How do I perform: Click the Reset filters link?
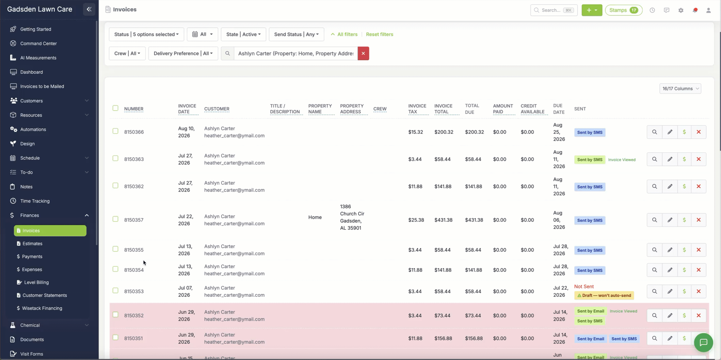(x=379, y=34)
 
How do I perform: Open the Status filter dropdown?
(x=146, y=34)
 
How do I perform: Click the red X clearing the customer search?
(x=363, y=53)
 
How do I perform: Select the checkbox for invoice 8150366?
(x=115, y=131)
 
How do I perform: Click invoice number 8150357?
(x=134, y=220)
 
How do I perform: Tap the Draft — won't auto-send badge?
(x=604, y=295)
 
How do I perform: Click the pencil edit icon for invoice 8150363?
(x=670, y=159)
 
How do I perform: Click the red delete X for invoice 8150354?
(x=699, y=270)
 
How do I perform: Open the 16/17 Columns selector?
(x=680, y=89)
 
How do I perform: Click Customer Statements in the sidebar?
(x=45, y=295)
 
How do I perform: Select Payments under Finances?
(x=32, y=257)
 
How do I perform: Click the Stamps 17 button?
(x=623, y=10)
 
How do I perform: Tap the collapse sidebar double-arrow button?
(x=89, y=10)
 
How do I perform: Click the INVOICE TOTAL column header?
(x=443, y=109)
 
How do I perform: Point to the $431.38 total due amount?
(x=474, y=220)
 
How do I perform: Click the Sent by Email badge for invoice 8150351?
(x=590, y=339)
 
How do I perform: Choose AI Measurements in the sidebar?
(x=38, y=58)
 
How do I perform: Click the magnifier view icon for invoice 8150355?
(x=654, y=250)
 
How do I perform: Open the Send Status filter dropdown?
(x=296, y=34)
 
